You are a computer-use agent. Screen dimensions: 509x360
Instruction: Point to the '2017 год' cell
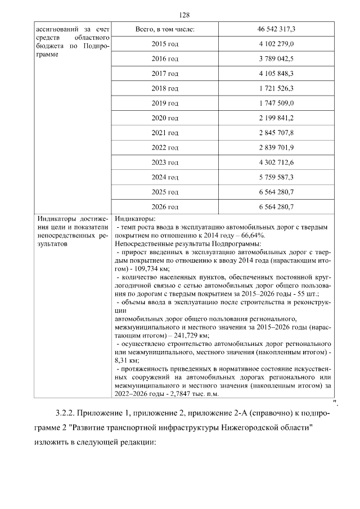point(165,73)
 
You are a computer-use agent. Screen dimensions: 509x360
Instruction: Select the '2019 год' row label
point(165,103)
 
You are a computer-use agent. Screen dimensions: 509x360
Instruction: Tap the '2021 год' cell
point(165,133)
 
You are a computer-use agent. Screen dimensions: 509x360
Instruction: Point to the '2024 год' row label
point(165,177)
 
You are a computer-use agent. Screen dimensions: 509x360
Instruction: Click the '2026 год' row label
point(165,207)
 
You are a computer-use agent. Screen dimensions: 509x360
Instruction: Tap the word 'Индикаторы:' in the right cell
point(134,219)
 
